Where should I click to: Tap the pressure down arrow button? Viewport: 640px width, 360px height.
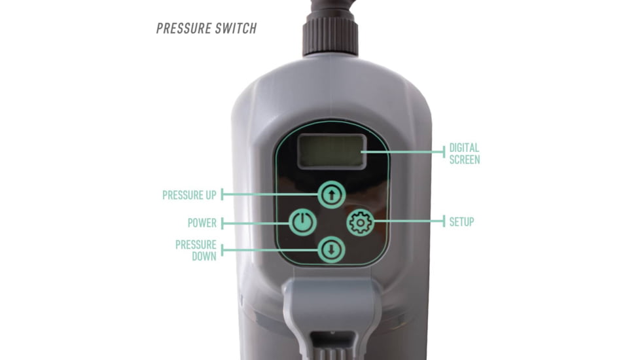click(332, 250)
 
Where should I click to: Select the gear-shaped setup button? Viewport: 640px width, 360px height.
click(360, 223)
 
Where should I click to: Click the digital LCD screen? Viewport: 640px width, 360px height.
click(330, 151)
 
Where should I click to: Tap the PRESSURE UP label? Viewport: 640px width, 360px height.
click(189, 195)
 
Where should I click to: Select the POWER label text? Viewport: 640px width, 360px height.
click(202, 223)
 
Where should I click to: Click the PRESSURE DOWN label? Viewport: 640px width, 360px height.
click(196, 250)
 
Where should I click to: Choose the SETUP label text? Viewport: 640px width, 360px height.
click(461, 222)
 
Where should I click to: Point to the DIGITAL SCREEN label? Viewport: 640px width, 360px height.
click(464, 154)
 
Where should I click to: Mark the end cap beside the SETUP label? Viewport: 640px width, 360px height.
click(444, 222)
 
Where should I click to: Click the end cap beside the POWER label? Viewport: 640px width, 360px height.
click(222, 223)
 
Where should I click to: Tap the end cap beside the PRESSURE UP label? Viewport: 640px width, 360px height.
click(222, 194)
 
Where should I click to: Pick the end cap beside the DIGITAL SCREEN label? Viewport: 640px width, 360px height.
click(444, 152)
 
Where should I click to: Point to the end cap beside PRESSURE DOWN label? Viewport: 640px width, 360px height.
click(222, 250)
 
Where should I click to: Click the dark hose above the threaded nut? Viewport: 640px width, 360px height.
click(331, 6)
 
